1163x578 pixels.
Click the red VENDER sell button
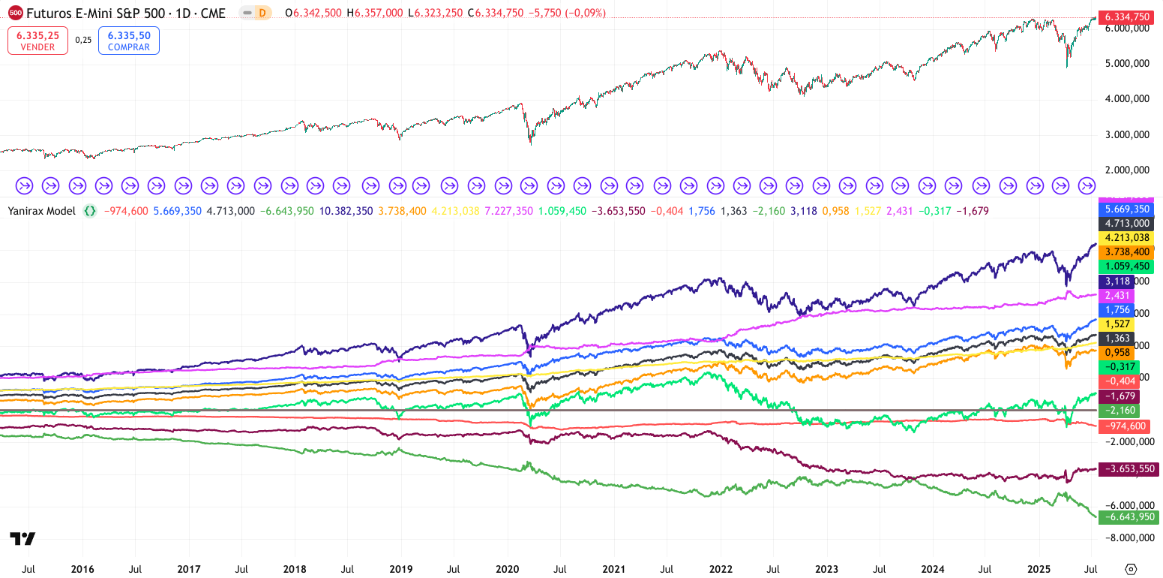coord(37,41)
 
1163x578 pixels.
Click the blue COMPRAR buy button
coord(129,41)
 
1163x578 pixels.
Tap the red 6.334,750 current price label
coord(1127,17)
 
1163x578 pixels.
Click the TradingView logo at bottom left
coord(22,538)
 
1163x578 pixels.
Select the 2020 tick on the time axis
coord(508,569)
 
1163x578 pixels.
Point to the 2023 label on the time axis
coord(827,569)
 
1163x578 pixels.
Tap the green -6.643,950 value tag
coord(1128,517)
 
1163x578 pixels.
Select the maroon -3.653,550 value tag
coord(1128,469)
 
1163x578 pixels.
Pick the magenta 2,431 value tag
coord(1116,295)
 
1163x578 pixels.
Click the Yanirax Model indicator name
coord(41,211)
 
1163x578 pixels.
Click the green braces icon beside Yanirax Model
coord(90,211)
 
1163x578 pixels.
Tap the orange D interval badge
coord(262,13)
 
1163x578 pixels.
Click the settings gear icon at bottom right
coord(1131,568)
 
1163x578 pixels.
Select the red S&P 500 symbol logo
coord(15,13)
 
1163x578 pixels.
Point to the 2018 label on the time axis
coord(295,569)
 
